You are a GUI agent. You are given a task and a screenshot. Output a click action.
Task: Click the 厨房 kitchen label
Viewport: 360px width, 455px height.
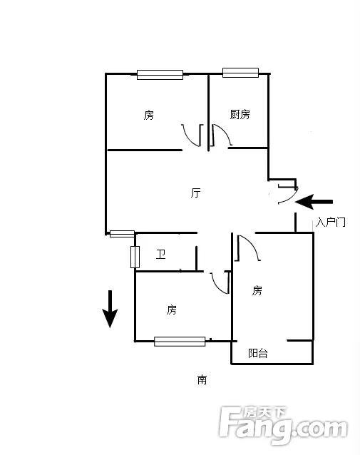[240, 114]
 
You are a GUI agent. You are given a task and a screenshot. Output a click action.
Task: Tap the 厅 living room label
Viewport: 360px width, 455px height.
[195, 193]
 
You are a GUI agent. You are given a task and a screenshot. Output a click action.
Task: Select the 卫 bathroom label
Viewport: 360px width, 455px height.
[160, 254]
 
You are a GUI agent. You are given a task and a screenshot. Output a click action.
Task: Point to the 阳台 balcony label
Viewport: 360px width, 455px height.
[258, 353]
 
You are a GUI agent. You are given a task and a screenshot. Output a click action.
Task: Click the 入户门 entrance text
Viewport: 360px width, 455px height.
[330, 223]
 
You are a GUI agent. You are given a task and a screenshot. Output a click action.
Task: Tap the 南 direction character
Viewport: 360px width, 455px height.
[202, 379]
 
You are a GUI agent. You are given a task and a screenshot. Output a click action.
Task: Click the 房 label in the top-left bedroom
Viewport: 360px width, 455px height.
[148, 115]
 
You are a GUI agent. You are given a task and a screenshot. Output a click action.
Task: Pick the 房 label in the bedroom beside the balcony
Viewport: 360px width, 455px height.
[257, 290]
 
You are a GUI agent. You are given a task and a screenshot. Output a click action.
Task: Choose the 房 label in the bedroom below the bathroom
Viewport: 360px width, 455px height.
[171, 310]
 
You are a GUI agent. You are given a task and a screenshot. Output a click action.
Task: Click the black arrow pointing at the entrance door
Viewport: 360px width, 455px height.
[314, 202]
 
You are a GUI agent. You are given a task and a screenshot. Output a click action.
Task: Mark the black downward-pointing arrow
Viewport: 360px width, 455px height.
[110, 309]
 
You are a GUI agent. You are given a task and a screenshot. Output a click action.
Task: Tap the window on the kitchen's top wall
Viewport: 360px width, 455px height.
[240, 73]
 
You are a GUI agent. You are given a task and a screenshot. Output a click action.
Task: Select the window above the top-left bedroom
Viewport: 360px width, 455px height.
[160, 75]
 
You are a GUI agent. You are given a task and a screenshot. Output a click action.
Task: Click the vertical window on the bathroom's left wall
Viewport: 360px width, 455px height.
[135, 257]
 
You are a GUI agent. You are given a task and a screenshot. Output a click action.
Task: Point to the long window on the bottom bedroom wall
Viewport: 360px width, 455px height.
[180, 342]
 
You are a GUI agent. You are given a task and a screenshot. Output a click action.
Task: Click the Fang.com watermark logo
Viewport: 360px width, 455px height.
[283, 425]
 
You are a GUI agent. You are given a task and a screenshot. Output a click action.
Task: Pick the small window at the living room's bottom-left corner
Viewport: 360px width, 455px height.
[122, 234]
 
